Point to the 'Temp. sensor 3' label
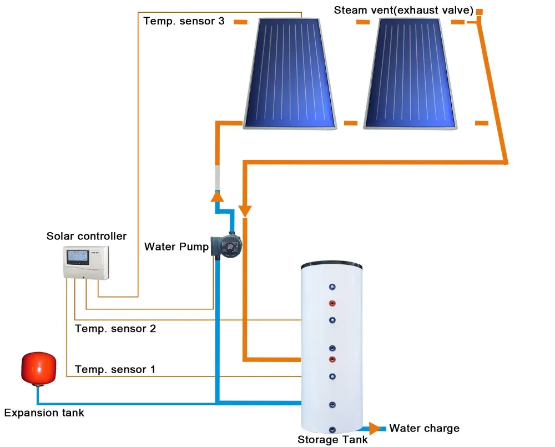tap(184, 21)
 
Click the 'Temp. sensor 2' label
tap(115, 329)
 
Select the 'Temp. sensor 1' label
tap(115, 369)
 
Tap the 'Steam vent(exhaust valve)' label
tap(403, 11)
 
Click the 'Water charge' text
tap(425, 428)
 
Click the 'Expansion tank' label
tap(44, 413)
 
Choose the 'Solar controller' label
tap(87, 237)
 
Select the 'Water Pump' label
tap(176, 246)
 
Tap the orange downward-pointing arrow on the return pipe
tap(245, 211)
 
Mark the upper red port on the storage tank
tap(332, 303)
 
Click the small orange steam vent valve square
tap(479, 11)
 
